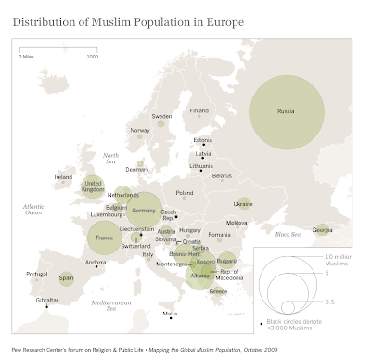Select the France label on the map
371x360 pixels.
104,238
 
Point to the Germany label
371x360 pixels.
146,212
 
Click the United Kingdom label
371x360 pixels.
93,186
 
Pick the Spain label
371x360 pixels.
66,277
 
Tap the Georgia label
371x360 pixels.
323,229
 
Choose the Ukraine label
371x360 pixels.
243,203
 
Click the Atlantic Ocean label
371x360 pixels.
34,209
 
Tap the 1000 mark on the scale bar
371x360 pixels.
92,56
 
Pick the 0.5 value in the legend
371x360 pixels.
331,302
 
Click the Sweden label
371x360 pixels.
162,117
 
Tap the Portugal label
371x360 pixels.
37,274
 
